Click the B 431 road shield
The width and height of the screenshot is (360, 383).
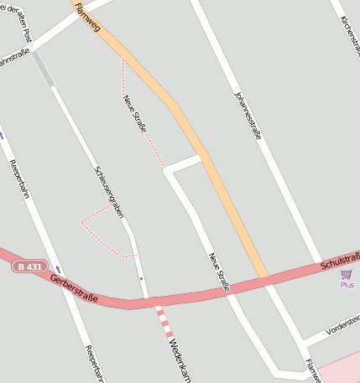coord(29,267)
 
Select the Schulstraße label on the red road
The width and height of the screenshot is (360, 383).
coord(339,263)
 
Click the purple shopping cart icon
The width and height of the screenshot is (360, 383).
coord(346,274)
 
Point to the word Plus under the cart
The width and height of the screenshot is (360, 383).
coord(347,285)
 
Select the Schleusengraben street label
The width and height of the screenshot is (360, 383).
coord(108,192)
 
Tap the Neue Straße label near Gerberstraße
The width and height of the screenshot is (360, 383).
coord(219,272)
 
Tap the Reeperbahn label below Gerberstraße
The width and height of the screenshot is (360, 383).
coord(93,364)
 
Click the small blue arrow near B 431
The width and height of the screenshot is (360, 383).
coord(58,270)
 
